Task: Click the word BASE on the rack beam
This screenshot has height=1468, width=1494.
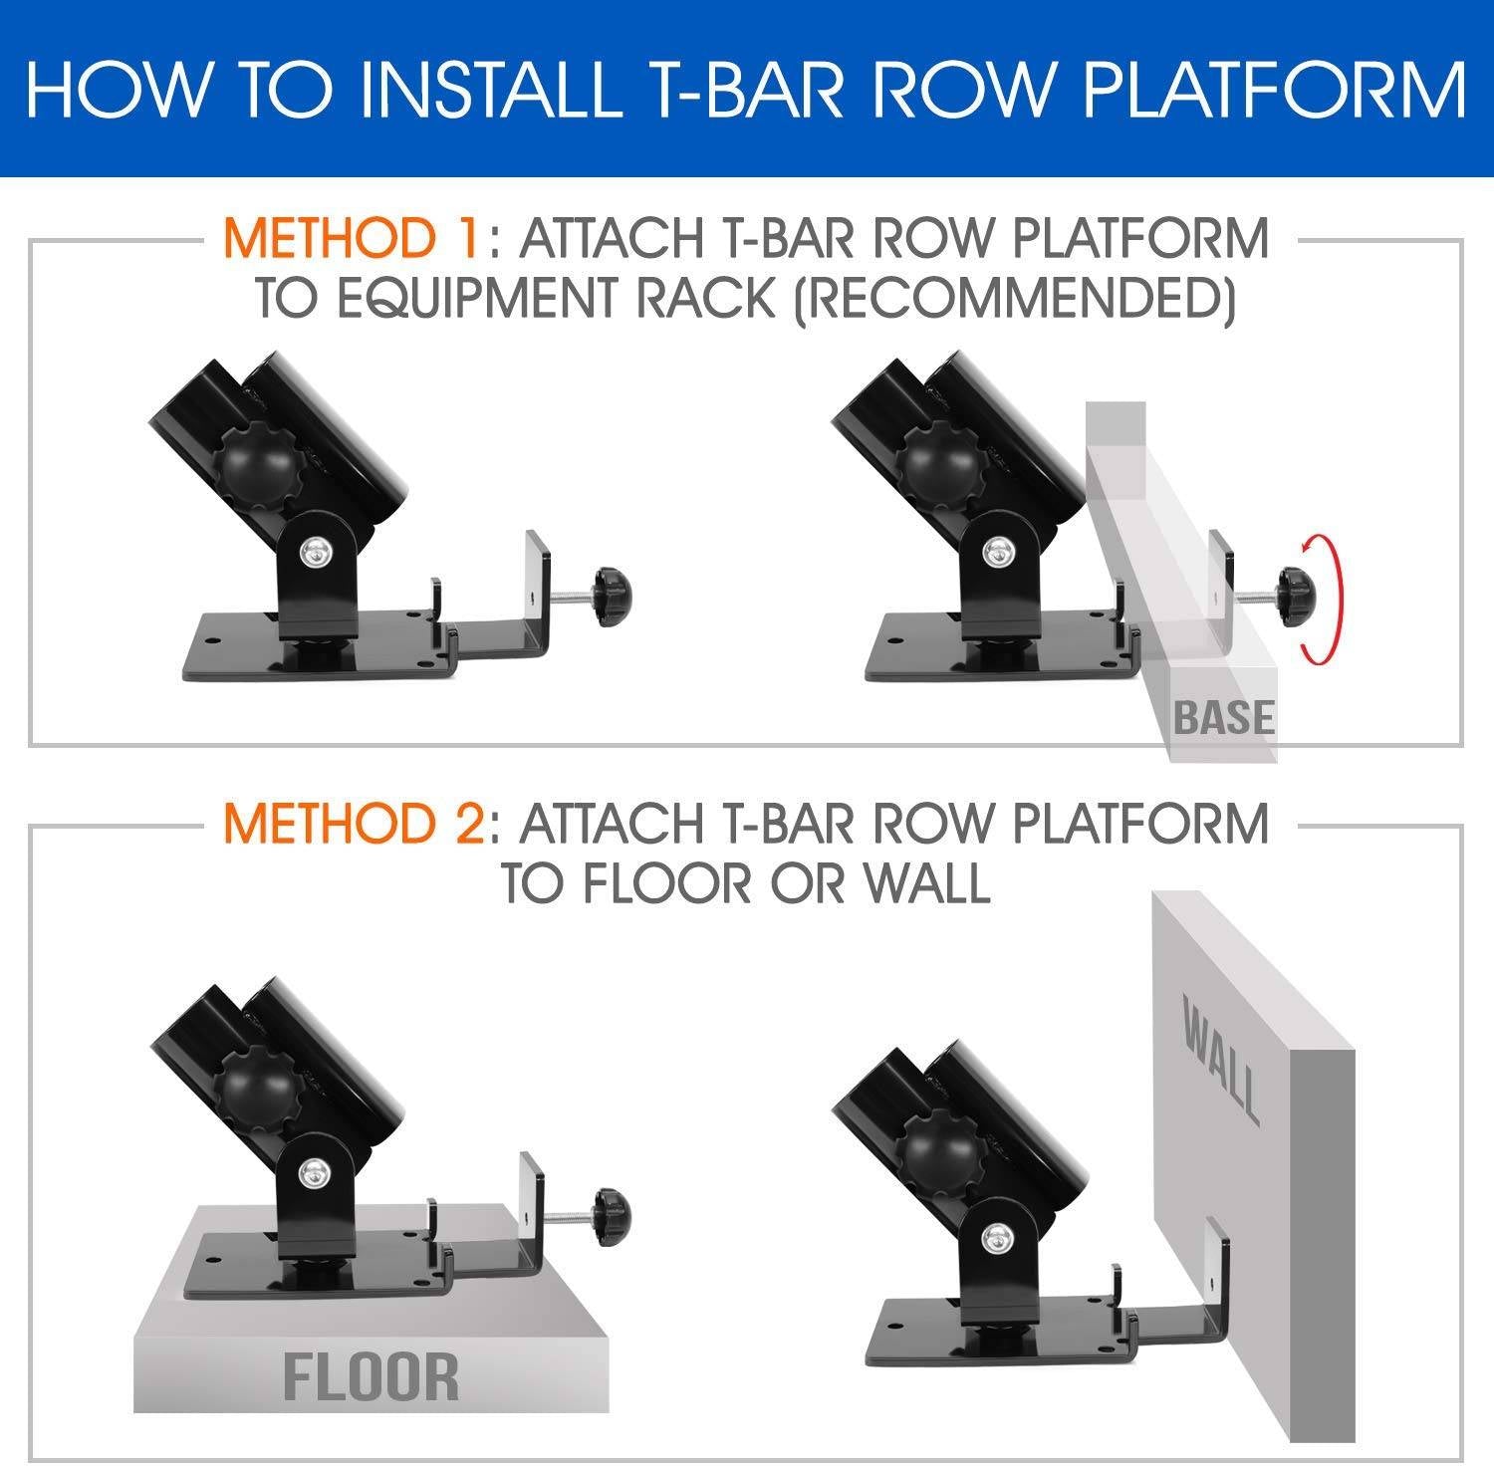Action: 1223,717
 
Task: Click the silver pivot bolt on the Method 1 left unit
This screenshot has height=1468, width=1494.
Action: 316,551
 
